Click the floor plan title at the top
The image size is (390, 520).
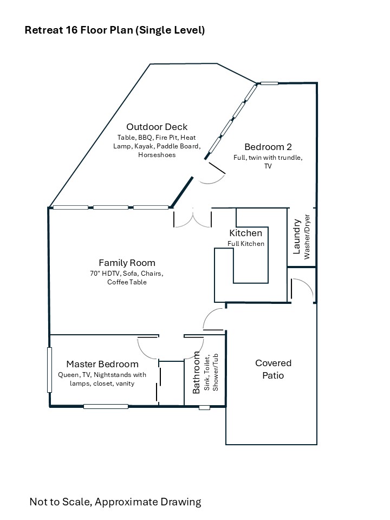(115, 30)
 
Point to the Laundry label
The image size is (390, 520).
(297, 237)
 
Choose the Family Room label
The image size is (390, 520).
(127, 263)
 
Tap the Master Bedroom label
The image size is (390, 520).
(102, 364)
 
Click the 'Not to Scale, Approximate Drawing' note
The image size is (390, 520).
(115, 502)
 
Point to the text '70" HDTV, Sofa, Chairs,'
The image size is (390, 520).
(127, 273)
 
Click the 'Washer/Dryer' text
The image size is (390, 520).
(307, 236)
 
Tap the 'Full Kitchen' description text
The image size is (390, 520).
(246, 244)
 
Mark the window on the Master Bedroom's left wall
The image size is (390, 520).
(49, 370)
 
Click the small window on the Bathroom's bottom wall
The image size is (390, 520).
(204, 407)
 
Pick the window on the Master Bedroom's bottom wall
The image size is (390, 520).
(106, 406)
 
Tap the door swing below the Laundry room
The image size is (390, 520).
(302, 290)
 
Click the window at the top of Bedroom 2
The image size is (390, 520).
(269, 83)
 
